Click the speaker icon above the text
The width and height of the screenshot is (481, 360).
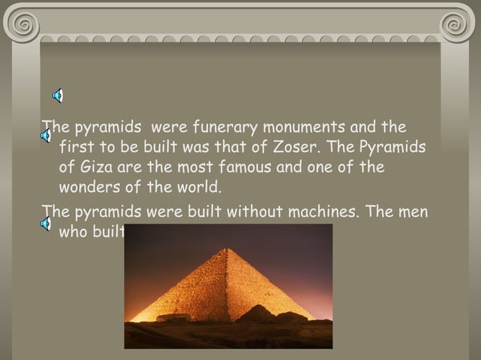click(57, 95)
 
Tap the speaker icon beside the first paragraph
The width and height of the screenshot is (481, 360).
click(46, 136)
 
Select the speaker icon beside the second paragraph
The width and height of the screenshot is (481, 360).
click(46, 222)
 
